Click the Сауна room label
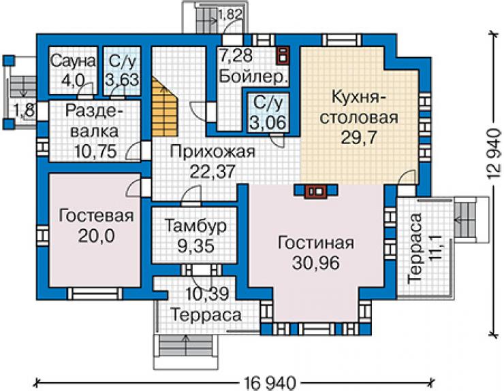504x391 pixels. [x=74, y=61]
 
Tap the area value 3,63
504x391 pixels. [x=122, y=80]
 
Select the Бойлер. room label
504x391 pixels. [x=253, y=77]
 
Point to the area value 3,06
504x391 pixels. [x=268, y=122]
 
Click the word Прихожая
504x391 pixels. [x=212, y=151]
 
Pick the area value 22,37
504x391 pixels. [x=212, y=171]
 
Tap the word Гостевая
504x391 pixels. [x=97, y=216]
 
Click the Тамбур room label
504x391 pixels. [x=195, y=226]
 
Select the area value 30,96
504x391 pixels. [x=316, y=263]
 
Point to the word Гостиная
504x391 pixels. [x=316, y=243]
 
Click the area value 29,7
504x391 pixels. [x=359, y=138]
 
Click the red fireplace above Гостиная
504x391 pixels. [x=315, y=191]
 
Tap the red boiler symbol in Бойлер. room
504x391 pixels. [x=283, y=55]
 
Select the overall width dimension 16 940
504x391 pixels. [x=269, y=383]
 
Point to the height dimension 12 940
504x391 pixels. [x=494, y=154]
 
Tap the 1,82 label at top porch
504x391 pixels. [x=230, y=14]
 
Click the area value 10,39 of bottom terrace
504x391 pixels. [x=208, y=293]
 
